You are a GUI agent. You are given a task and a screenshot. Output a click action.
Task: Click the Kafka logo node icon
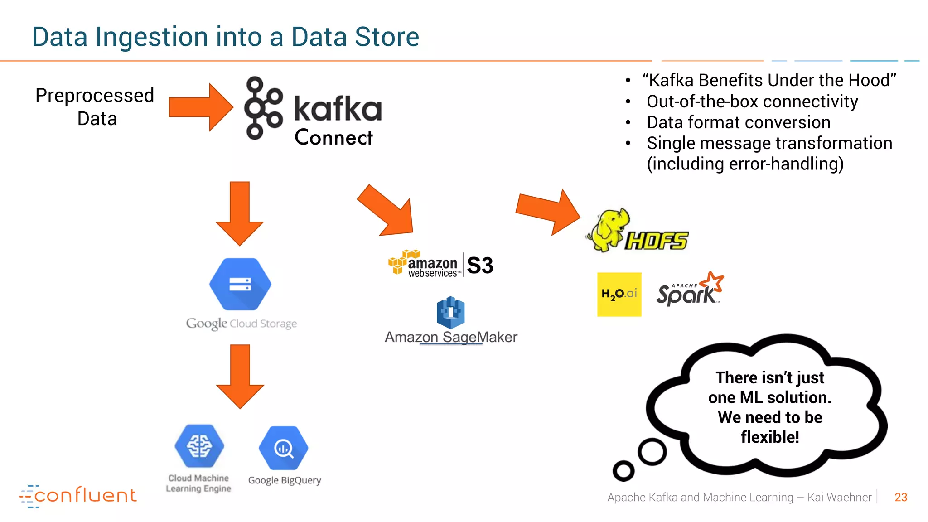263,108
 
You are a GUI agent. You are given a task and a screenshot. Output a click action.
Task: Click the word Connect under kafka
333,137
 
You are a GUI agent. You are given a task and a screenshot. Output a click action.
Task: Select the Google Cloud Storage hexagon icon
240,284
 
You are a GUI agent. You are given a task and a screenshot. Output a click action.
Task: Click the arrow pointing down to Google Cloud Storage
240,213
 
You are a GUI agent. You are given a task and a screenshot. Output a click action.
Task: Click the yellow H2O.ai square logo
619,294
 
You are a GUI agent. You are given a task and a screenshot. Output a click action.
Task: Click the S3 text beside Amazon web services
480,266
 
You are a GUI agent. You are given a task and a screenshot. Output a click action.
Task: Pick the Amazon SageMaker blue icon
450,313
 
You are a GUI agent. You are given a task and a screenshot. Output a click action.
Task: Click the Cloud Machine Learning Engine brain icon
199,446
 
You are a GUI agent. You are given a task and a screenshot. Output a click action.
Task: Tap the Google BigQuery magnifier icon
284,448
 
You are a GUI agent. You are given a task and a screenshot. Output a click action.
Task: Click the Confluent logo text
85,495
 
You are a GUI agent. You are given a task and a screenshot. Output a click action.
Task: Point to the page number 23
900,497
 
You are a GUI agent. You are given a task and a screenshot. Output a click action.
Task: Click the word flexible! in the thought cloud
769,437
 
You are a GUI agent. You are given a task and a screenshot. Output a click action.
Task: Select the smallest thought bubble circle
623,471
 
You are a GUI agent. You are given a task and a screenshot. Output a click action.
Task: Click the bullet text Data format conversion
739,122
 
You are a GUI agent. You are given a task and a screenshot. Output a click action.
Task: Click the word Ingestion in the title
152,37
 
